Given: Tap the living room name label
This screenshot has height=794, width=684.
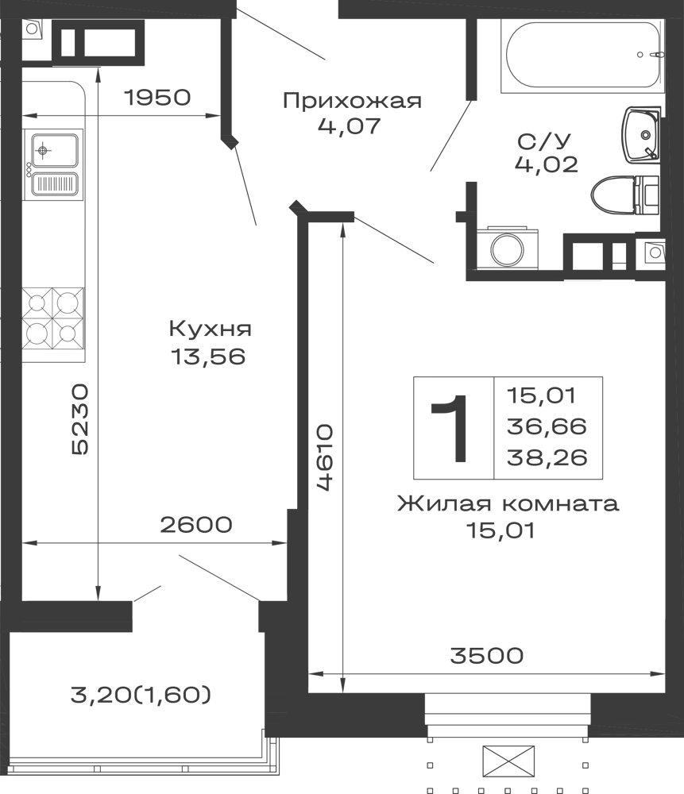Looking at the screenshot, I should tap(508, 505).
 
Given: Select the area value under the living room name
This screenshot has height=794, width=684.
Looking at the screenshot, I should tap(498, 530).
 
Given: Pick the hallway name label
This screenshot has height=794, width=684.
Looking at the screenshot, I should tap(352, 100).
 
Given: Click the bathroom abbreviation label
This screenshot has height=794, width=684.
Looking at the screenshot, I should tap(546, 151).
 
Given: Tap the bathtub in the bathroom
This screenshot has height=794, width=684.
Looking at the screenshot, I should tap(580, 56).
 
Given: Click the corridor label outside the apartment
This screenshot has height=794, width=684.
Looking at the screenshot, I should tap(143, 696).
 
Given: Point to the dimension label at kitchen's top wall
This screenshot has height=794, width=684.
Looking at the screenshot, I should tap(157, 99).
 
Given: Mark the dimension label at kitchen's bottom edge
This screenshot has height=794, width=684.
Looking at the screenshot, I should tap(196, 525).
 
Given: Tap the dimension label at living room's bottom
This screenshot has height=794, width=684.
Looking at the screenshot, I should tap(486, 655).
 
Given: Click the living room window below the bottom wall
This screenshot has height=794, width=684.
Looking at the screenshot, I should tap(505, 711).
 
